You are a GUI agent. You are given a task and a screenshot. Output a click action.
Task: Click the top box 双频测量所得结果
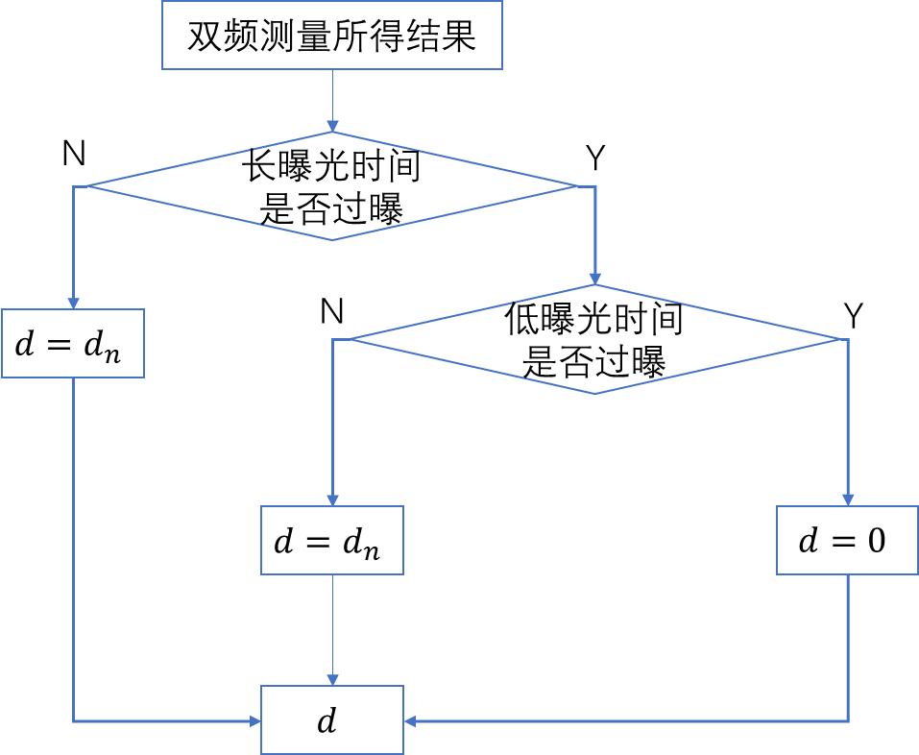(x=331, y=36)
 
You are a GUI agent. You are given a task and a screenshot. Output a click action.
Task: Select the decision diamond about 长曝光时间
(x=331, y=186)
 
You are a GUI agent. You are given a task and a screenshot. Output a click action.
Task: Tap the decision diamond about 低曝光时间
(x=594, y=339)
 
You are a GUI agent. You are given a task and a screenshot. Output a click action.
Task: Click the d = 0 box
(x=847, y=541)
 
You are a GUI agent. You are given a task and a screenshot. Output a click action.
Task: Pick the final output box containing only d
(x=332, y=719)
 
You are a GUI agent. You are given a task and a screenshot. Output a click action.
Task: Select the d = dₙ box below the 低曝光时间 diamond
(x=332, y=541)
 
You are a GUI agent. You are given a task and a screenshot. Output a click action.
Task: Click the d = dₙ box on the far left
(x=73, y=343)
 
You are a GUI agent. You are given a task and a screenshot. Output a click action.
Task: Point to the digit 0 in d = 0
(x=876, y=542)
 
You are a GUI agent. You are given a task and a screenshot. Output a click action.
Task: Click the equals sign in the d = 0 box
(x=843, y=542)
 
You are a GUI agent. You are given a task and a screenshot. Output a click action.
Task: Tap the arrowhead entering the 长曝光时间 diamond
(x=332, y=126)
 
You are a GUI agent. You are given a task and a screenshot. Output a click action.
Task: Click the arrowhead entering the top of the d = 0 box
(x=847, y=499)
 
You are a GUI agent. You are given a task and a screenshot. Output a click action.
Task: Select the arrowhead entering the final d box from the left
(x=255, y=720)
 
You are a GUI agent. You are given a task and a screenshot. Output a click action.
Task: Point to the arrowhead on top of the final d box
(x=332, y=679)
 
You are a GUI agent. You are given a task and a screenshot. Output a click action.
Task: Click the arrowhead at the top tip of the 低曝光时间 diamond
(x=594, y=278)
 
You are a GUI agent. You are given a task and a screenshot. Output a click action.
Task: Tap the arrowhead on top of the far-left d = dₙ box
(x=73, y=303)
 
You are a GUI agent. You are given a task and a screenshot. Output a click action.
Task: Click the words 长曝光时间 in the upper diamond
(x=330, y=169)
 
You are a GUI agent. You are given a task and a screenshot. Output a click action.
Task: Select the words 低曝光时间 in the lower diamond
(x=593, y=321)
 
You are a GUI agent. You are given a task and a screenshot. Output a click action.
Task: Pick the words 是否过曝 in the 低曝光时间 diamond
(x=593, y=363)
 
